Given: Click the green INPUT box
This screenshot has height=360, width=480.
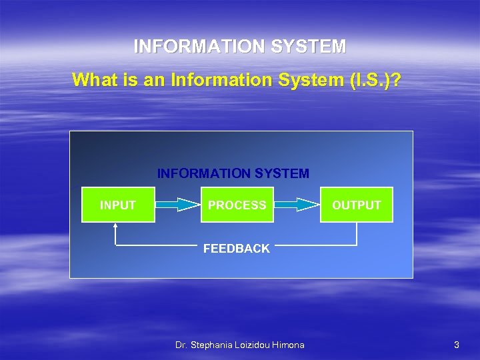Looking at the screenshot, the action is [x=118, y=205].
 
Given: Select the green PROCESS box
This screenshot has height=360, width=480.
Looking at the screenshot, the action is [x=237, y=205].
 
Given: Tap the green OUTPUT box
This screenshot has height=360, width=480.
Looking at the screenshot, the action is [x=357, y=205].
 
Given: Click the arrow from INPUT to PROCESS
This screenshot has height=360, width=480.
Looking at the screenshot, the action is [x=178, y=205].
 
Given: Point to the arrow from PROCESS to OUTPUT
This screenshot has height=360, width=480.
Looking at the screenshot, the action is [x=297, y=205].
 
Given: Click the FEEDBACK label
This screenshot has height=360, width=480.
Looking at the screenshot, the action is [x=237, y=249].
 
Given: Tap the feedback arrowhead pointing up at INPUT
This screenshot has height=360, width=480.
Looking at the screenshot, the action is [x=115, y=226].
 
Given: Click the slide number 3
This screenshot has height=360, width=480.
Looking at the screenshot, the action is [x=456, y=345].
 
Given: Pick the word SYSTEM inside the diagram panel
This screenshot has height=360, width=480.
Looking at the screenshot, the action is [x=284, y=173].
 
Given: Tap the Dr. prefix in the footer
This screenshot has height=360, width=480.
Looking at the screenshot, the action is [x=181, y=345].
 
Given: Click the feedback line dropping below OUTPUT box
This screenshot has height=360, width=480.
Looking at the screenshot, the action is [x=357, y=234].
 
